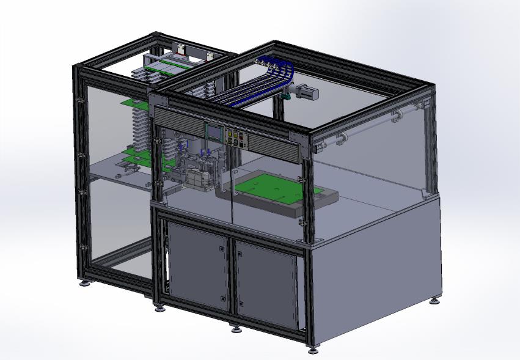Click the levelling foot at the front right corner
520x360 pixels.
pyautogui.click(x=313, y=349)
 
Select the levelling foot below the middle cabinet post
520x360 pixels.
pyautogui.click(x=236, y=329)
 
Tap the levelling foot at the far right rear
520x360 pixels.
pyautogui.click(x=434, y=300)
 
